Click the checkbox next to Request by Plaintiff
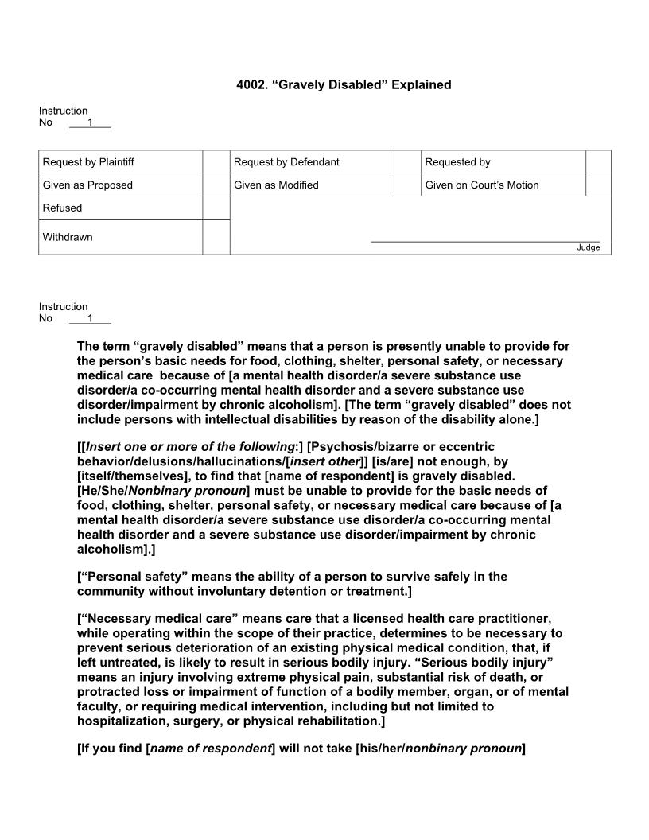[x=216, y=161]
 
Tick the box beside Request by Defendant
[x=407, y=161]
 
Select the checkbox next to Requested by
[x=598, y=161]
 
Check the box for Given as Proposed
[x=216, y=185]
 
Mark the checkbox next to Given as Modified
[x=407, y=185]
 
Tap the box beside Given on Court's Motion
[x=598, y=185]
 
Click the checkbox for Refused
[x=216, y=208]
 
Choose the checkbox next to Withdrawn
[x=216, y=237]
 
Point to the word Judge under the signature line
[x=589, y=247]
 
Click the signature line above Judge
[x=485, y=241]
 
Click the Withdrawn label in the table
[x=68, y=237]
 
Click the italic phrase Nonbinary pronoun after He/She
[x=199, y=491]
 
